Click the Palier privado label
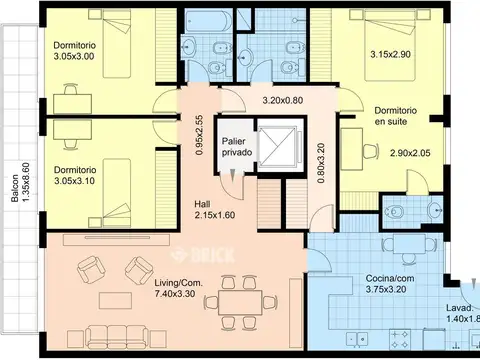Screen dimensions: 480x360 (237, 147)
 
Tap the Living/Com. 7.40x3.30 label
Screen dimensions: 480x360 (178, 288)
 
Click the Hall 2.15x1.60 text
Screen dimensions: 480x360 (215, 209)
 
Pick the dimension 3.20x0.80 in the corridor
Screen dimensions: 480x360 (283, 100)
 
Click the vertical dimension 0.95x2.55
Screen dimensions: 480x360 (199, 135)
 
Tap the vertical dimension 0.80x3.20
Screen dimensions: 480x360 (321, 163)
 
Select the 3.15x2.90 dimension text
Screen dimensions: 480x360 (390, 54)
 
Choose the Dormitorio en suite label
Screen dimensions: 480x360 (396, 116)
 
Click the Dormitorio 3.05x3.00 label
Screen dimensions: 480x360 (75, 51)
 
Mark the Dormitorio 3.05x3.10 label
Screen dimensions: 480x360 (75, 175)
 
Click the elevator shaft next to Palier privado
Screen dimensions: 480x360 (277, 146)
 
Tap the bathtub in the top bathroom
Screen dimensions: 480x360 (209, 20)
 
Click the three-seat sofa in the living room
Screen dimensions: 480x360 (117, 337)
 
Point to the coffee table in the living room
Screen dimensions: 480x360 (115, 301)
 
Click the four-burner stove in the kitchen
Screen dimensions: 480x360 (399, 339)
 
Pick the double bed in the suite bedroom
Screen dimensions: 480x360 (390, 45)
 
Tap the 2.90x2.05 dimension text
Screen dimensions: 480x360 (410, 153)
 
